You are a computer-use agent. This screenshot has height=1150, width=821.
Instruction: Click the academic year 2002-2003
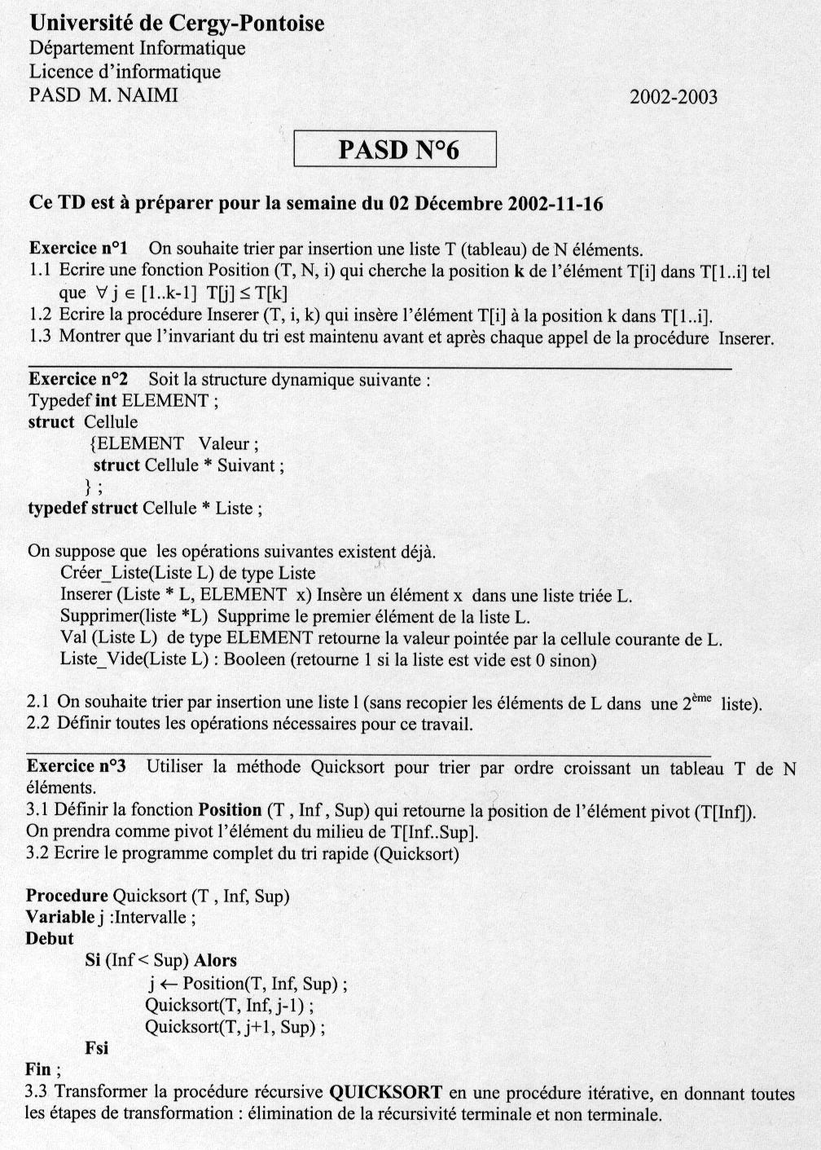tap(674, 98)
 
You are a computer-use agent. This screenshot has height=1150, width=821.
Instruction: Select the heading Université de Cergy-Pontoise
tap(176, 23)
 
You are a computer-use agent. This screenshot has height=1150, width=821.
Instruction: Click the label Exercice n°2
tap(78, 379)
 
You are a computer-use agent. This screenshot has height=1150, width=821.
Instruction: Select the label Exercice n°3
tap(77, 766)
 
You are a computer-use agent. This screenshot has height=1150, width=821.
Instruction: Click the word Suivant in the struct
tap(247, 465)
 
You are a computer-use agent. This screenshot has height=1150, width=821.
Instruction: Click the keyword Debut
tap(50, 939)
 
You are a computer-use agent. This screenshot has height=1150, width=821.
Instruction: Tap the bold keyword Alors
tap(215, 961)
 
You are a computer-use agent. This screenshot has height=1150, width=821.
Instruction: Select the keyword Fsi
tap(96, 1047)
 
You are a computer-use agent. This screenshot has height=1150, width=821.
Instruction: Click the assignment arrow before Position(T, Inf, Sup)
tap(169, 984)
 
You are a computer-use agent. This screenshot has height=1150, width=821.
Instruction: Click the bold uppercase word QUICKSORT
tap(386, 1092)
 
